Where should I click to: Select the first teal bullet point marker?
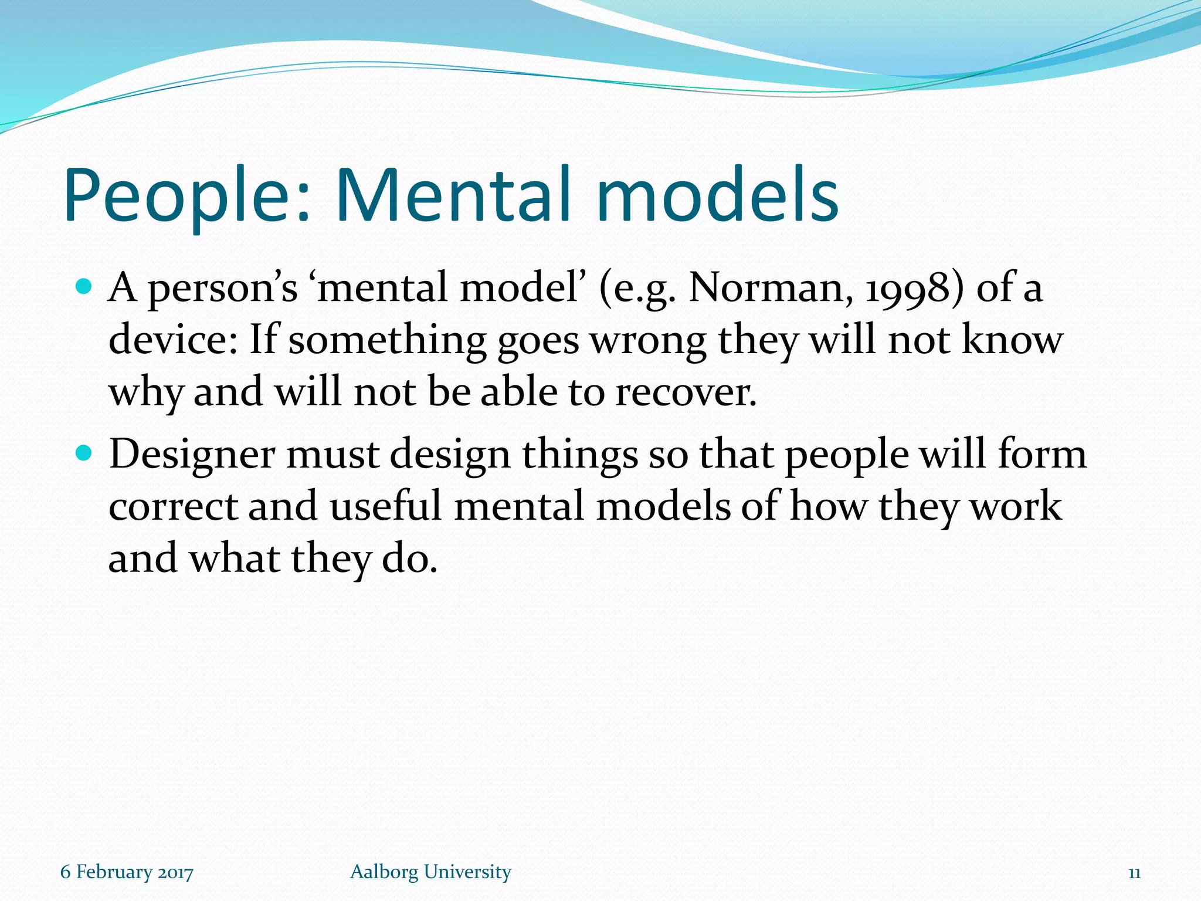tap(84, 287)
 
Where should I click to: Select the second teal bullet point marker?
tap(84, 453)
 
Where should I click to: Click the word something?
tap(387, 341)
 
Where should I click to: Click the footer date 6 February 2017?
tap(127, 872)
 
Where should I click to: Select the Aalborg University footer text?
tap(430, 872)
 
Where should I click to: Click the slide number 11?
tap(1134, 873)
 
